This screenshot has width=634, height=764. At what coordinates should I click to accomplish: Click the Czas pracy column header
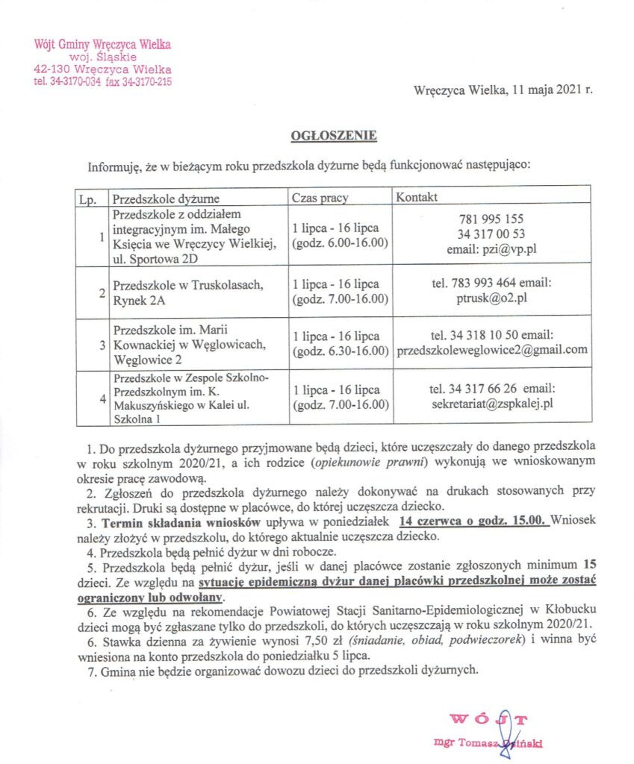pyautogui.click(x=320, y=198)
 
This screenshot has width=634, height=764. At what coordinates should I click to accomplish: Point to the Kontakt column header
pyautogui.click(x=417, y=198)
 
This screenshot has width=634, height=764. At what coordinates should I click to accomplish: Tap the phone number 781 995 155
pyautogui.click(x=492, y=219)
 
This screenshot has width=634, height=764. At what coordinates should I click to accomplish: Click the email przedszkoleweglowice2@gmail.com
pyautogui.click(x=492, y=349)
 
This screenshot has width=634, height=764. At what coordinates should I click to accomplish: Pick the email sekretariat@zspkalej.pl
pyautogui.click(x=492, y=405)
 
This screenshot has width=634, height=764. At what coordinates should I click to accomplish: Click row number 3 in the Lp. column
pyautogui.click(x=101, y=345)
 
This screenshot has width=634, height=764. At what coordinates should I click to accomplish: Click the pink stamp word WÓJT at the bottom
pyautogui.click(x=489, y=720)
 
